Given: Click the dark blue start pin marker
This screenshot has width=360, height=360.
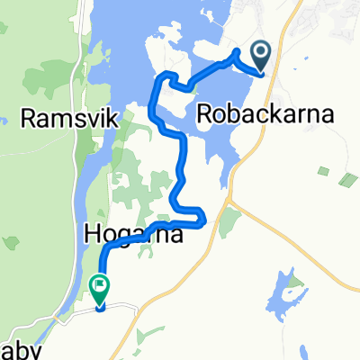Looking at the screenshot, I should coord(262,56).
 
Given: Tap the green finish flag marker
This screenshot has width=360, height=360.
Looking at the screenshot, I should coord(100,289).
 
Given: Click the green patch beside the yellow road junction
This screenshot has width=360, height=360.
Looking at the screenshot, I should coord(231,219).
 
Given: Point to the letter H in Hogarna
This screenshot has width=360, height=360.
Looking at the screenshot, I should coord(93,234).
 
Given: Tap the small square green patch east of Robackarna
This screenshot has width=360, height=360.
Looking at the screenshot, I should coord(323,171).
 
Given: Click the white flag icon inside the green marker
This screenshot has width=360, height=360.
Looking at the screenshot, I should coord(100,288).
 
